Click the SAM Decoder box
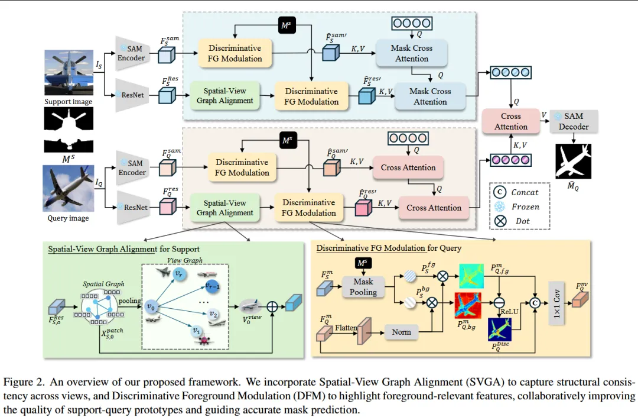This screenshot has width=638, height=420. click(574, 121)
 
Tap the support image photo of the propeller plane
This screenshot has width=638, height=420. click(69, 73)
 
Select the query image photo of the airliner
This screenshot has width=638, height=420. click(69, 188)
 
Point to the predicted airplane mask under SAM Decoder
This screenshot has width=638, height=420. click(573, 161)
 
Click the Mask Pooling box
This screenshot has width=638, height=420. click(363, 287)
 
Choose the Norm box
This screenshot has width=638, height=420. click(401, 332)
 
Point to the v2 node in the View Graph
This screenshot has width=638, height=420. click(214, 314)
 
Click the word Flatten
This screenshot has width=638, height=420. click(346, 327)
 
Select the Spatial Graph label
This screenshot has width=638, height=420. click(103, 284)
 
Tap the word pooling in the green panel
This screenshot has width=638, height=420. click(130, 301)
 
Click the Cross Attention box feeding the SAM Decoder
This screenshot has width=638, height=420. click(510, 121)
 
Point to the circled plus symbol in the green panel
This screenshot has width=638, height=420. click(272, 307)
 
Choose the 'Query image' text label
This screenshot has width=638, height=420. click(68, 218)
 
